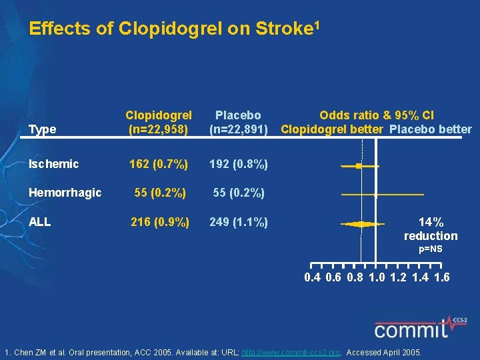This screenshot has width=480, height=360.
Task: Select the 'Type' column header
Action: click(43, 129)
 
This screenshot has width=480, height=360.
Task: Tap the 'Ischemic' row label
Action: click(54, 164)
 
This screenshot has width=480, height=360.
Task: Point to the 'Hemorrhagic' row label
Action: click(65, 193)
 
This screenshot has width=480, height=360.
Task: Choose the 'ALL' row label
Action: click(40, 222)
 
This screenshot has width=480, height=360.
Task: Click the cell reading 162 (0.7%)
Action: click(159, 164)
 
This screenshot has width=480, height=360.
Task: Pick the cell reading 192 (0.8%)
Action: click(238, 164)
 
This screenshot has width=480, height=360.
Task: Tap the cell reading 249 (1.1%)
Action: click(238, 222)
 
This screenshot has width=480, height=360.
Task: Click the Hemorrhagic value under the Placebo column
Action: click(238, 193)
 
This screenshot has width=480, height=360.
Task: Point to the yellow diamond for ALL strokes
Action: click(361, 224)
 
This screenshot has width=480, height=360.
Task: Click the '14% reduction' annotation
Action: click(431, 229)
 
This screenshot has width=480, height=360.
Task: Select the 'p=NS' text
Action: click(431, 249)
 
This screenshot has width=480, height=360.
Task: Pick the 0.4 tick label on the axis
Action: click(312, 277)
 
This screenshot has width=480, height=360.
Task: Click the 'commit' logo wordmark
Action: click(410, 329)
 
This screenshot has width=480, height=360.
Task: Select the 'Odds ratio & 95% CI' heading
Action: click(376, 115)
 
